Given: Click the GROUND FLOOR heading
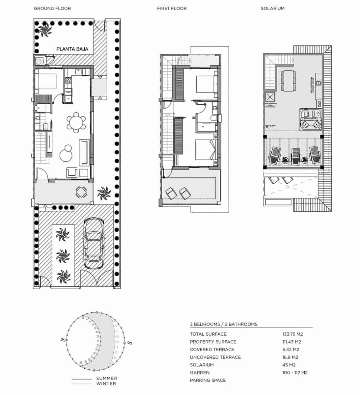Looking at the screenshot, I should [52, 8].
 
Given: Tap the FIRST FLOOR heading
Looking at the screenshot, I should [172, 8].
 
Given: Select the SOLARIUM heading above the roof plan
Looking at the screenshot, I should [272, 8].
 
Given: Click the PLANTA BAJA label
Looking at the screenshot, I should [72, 49].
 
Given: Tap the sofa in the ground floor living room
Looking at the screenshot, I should [84, 152].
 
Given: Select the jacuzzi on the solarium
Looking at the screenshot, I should [309, 119].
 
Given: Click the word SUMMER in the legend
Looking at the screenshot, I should [107, 378].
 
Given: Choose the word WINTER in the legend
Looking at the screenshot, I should [106, 383].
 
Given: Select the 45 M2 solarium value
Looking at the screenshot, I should [289, 365].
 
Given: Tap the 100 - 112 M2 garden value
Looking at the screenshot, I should [295, 373].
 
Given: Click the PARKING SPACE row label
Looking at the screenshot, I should [208, 380].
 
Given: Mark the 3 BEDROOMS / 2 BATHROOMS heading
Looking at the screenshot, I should [224, 324].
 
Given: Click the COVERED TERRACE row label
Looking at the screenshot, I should [212, 350].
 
